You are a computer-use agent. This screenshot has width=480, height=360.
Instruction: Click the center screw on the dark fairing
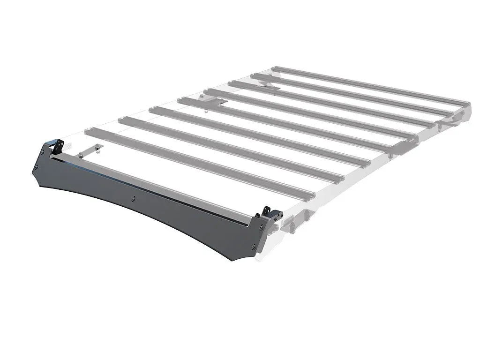134,198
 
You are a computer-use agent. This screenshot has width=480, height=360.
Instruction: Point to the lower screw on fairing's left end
36,168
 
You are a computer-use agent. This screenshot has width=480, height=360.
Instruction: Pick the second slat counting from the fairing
230,150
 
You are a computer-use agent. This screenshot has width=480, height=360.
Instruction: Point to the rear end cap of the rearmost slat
467,104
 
